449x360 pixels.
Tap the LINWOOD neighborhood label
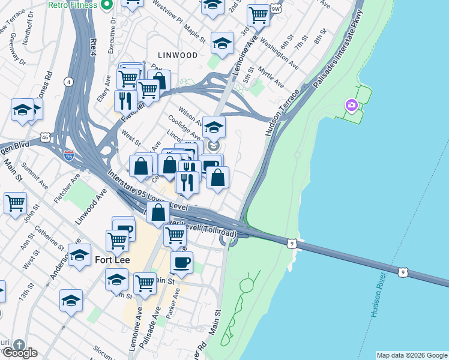(177, 55)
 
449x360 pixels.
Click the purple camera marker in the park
(351, 106)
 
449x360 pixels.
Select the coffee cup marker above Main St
(181, 262)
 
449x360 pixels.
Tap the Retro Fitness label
(73, 5)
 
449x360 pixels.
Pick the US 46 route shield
(46, 137)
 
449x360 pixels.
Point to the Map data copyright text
(411, 355)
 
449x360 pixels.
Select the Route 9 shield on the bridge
(291, 243)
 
